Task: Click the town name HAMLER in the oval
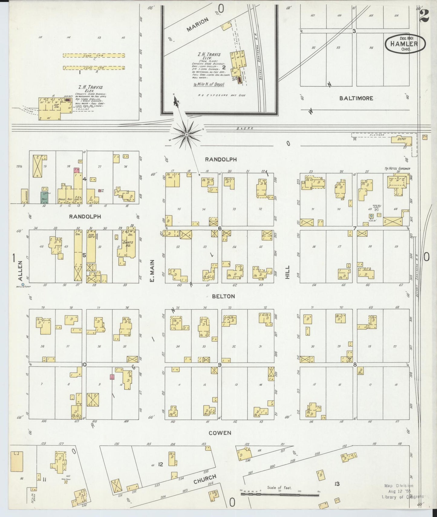[404, 44]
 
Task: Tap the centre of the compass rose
[187, 134]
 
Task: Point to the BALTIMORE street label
[356, 98]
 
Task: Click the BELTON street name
[223, 297]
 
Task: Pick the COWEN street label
[220, 433]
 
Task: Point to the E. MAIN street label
[152, 271]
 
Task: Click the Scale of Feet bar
[281, 494]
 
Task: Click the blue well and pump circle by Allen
[23, 284]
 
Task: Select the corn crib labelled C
[94, 56]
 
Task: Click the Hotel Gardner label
[397, 169]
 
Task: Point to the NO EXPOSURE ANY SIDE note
[222, 96]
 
